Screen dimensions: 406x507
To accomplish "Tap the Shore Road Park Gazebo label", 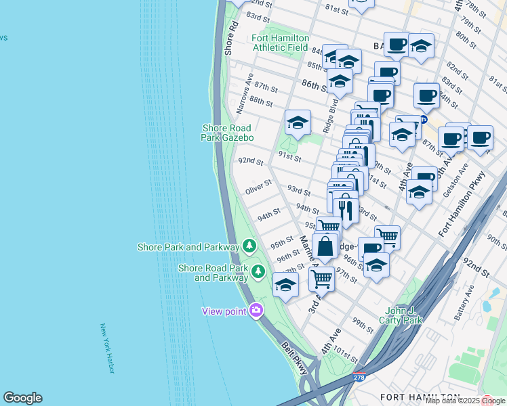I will [x=226, y=133].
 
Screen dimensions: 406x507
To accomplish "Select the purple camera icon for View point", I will [x=256, y=311].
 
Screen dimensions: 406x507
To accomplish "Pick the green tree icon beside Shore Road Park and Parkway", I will [x=258, y=272].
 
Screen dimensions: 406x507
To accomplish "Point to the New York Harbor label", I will [x=107, y=348].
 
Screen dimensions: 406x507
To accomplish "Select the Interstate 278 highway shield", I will [x=359, y=376].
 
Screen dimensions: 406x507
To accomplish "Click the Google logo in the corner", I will [x=22, y=398].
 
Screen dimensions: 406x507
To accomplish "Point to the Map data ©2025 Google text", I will [x=465, y=401].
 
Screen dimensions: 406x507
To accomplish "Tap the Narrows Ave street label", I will [x=244, y=93].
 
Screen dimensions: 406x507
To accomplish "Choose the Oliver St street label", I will [x=258, y=187].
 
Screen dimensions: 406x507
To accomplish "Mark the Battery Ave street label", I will [x=464, y=305].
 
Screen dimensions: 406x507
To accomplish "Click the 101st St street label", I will [x=345, y=355].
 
